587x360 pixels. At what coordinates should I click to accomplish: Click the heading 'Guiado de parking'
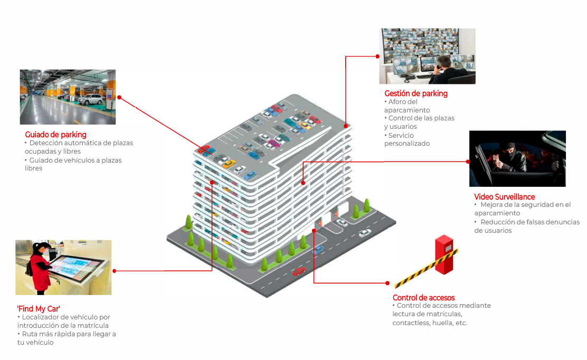click(x=55, y=135)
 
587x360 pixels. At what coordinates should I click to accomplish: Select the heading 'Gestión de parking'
click(x=415, y=93)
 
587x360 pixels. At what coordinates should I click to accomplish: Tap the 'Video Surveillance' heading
click(x=504, y=197)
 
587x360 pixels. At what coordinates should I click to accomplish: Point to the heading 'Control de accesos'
click(x=423, y=298)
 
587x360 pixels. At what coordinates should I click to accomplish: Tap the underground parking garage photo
click(x=68, y=97)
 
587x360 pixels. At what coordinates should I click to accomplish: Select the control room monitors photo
click(x=427, y=56)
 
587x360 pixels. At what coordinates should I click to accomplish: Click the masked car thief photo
click(x=517, y=158)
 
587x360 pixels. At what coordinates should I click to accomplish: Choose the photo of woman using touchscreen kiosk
click(x=63, y=267)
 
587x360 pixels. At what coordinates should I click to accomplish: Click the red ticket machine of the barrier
click(x=444, y=254)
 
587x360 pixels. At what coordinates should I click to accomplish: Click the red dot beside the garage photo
click(x=119, y=97)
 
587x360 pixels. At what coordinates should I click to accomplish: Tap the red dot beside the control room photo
click(x=377, y=56)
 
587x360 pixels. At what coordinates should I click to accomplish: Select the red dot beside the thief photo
click(x=468, y=160)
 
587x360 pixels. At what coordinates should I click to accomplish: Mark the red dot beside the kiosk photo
click(x=115, y=271)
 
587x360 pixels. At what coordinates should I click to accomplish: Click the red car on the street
click(x=299, y=271)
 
